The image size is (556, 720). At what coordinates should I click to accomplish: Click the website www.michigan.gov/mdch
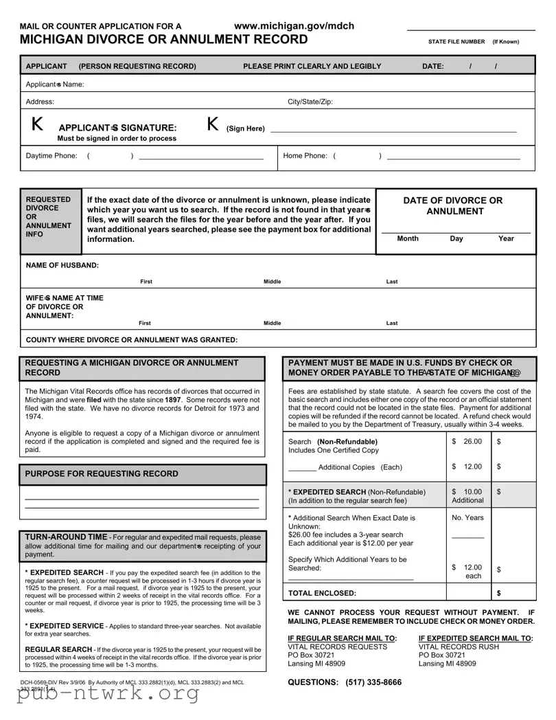coord(294,26)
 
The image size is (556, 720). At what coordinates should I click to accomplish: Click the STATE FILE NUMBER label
coord(456,42)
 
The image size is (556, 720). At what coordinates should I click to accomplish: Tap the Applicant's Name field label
coord(54,85)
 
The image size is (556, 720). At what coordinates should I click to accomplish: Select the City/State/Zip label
coord(310,102)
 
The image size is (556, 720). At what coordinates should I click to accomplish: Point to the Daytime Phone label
coord(51,156)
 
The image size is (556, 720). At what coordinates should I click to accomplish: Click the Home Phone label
coord(305,156)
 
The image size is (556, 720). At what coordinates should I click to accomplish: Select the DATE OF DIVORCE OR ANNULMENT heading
coord(453,206)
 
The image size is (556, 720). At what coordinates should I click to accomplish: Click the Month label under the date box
coord(408,239)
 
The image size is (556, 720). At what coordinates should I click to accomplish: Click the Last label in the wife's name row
coord(392,323)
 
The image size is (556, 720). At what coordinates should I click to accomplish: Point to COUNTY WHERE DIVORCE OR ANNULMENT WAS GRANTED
coord(132,340)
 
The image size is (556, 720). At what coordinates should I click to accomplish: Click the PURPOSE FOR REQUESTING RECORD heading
coord(101,474)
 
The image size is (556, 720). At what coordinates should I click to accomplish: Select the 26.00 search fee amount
coord(472,441)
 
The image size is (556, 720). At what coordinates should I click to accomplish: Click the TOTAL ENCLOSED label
coord(322,593)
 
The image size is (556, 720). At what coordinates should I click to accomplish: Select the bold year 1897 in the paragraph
coord(172,400)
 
